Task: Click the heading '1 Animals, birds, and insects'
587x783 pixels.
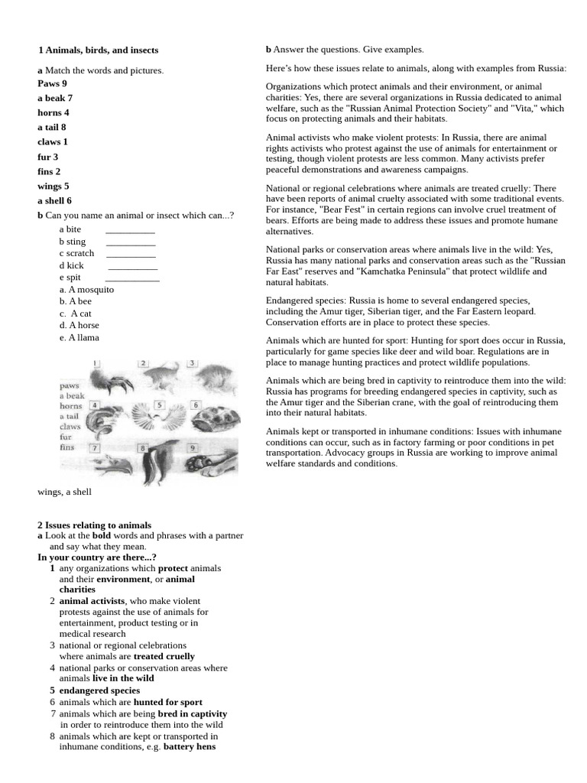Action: click(98, 50)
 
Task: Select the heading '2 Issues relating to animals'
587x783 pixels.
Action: click(95, 525)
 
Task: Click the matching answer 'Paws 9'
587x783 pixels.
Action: click(52, 83)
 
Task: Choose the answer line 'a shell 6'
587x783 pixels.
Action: click(54, 200)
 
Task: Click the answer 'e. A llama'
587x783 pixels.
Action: click(79, 337)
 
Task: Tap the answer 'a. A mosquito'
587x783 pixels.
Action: click(86, 289)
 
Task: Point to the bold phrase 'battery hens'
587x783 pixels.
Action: click(190, 747)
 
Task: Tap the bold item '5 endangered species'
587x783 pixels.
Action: click(95, 690)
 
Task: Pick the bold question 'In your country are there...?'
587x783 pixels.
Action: click(96, 557)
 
